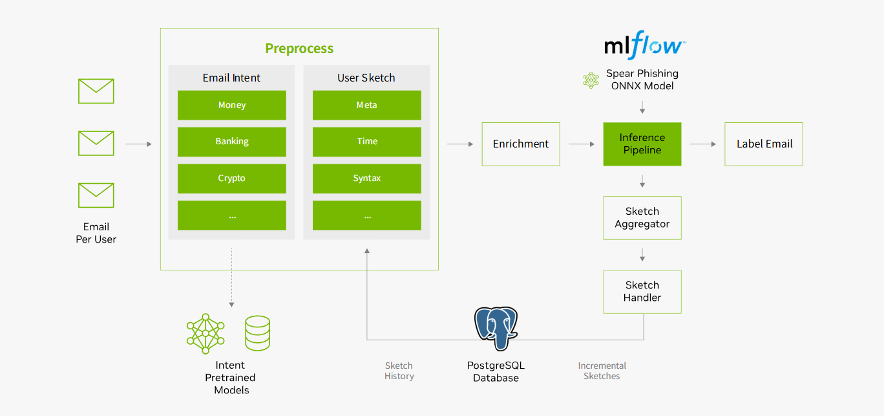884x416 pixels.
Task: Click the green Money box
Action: [x=231, y=105]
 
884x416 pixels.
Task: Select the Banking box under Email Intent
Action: [x=231, y=142]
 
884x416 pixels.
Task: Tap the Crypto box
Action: [x=231, y=179]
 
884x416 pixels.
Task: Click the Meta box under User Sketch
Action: [x=366, y=105]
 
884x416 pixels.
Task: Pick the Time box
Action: [x=366, y=142]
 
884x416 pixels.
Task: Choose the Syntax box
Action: [x=366, y=179]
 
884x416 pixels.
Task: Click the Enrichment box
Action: [x=521, y=144]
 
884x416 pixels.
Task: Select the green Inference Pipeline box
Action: [x=642, y=144]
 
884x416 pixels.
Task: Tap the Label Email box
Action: [x=764, y=144]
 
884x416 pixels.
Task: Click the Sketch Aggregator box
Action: [x=642, y=218]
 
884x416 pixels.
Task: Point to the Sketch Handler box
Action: [x=642, y=292]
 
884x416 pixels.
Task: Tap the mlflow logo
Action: [x=644, y=47]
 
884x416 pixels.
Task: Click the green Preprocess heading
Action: [x=299, y=49]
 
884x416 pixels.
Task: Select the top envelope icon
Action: [x=96, y=91]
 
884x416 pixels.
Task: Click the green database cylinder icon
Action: [x=257, y=333]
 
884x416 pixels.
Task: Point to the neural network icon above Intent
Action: [x=205, y=334]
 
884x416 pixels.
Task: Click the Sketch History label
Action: [x=399, y=371]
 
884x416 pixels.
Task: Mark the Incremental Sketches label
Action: [x=602, y=371]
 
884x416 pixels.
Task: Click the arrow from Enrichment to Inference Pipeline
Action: [x=582, y=144]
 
